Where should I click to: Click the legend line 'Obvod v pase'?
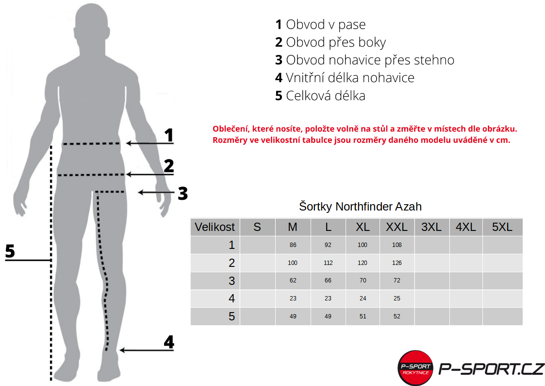point(320,24)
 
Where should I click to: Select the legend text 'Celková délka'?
point(320,96)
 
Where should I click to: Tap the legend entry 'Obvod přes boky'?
point(330,42)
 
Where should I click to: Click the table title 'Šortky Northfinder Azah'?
point(360,207)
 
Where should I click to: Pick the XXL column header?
point(397,227)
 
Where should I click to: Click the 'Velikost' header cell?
point(215,227)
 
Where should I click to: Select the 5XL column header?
point(502,227)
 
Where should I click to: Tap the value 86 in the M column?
point(293,245)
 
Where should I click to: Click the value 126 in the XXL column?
point(397,263)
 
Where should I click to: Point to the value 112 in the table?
point(328,263)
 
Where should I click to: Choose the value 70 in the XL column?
point(363,281)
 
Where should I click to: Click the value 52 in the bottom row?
point(397,316)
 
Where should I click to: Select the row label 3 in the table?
point(231,281)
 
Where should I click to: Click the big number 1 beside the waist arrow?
point(169,136)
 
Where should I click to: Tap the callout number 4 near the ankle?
point(169,342)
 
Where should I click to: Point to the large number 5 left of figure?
point(10,252)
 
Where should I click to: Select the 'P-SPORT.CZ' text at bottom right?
point(491,369)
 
